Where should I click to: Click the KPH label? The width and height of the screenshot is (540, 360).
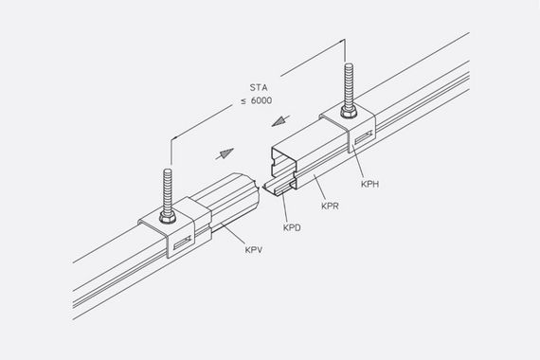click(x=369, y=184)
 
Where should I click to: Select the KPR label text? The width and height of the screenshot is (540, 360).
click(x=330, y=206)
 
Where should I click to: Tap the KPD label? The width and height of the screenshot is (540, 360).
click(x=292, y=227)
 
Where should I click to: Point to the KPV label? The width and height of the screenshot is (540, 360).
click(x=254, y=250)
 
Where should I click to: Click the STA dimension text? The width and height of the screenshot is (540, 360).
click(x=259, y=87)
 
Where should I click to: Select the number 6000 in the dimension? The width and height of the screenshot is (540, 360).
click(x=261, y=100)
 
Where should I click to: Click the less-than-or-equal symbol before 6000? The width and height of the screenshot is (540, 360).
click(x=243, y=101)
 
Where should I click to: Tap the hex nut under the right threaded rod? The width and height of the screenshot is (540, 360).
click(x=349, y=112)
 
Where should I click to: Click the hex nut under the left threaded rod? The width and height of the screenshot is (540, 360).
click(x=168, y=217)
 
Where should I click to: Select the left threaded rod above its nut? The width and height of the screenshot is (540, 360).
click(x=168, y=190)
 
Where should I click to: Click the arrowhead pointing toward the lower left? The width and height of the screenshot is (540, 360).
click(x=279, y=121)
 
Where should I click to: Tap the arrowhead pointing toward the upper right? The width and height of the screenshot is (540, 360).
click(x=225, y=153)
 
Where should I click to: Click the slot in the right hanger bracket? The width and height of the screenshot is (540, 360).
click(x=364, y=136)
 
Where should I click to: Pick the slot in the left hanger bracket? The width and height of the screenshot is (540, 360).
click(x=182, y=243)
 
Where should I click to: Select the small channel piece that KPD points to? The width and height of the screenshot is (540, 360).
click(x=279, y=189)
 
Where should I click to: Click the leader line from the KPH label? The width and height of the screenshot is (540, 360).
click(x=358, y=162)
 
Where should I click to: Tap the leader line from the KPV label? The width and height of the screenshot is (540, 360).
click(x=234, y=234)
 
